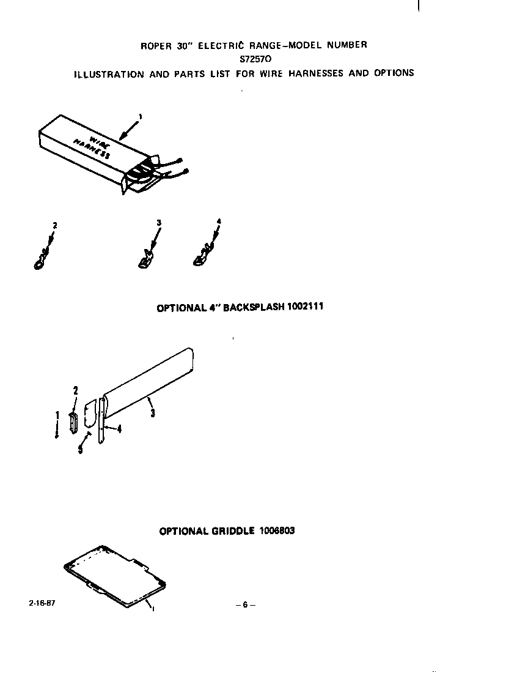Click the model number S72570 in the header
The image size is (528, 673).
click(x=256, y=59)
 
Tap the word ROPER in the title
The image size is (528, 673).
click(x=156, y=45)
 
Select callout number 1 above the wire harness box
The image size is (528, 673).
click(x=141, y=116)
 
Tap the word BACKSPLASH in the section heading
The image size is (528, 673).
click(x=254, y=307)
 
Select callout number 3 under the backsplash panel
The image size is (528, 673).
click(x=152, y=414)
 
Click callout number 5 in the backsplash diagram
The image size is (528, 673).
click(x=80, y=452)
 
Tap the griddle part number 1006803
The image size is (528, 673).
click(x=276, y=530)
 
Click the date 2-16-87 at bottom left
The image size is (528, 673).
click(x=41, y=603)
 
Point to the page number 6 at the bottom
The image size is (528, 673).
click(x=245, y=605)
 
